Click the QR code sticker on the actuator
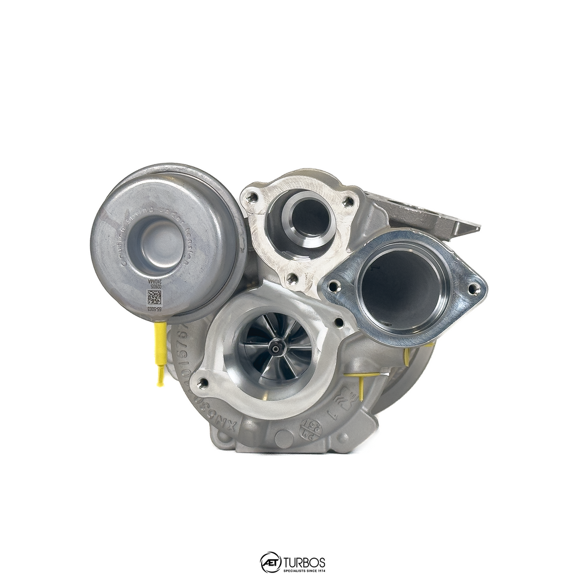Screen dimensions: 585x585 tap(154, 297)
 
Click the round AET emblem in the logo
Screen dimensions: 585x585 tap(271, 562)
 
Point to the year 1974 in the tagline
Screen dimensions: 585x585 tap(319, 570)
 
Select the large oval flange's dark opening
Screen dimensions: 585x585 tap(401, 286)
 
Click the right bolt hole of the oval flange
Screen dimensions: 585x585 tap(473, 289)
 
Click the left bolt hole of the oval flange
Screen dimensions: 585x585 tap(334, 286)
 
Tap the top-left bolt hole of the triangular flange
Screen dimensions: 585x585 tap(252, 198)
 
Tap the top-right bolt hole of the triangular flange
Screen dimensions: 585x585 tap(347, 202)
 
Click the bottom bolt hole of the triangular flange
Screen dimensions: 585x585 tap(292, 279)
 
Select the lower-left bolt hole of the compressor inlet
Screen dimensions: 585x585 tap(203, 383)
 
